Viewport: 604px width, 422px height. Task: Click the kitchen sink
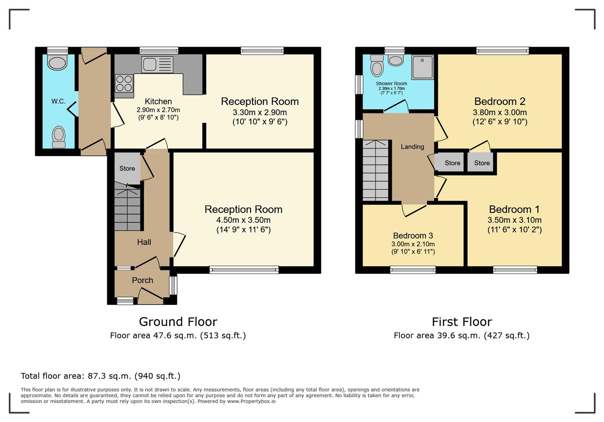157,64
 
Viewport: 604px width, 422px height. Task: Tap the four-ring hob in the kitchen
124,84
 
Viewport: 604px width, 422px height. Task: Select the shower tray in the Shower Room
422,67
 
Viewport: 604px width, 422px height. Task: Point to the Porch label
142,280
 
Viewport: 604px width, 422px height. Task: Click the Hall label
144,242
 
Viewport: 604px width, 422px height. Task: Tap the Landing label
412,147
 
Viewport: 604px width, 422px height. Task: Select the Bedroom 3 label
413,236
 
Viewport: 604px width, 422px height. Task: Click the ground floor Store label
127,168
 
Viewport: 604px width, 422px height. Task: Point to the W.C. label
58,101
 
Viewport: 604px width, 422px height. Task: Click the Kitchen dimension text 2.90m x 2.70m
158,110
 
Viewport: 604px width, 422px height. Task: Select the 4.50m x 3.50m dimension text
243,220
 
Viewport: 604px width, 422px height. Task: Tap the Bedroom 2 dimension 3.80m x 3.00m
500,112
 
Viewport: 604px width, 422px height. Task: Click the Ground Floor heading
178,322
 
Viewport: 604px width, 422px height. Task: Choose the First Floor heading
462,322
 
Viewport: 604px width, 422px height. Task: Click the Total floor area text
101,376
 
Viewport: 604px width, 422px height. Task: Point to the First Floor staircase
375,170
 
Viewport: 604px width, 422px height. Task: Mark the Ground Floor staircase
127,206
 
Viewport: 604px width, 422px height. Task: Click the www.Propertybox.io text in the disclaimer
251,401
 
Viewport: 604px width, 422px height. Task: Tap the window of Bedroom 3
413,270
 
